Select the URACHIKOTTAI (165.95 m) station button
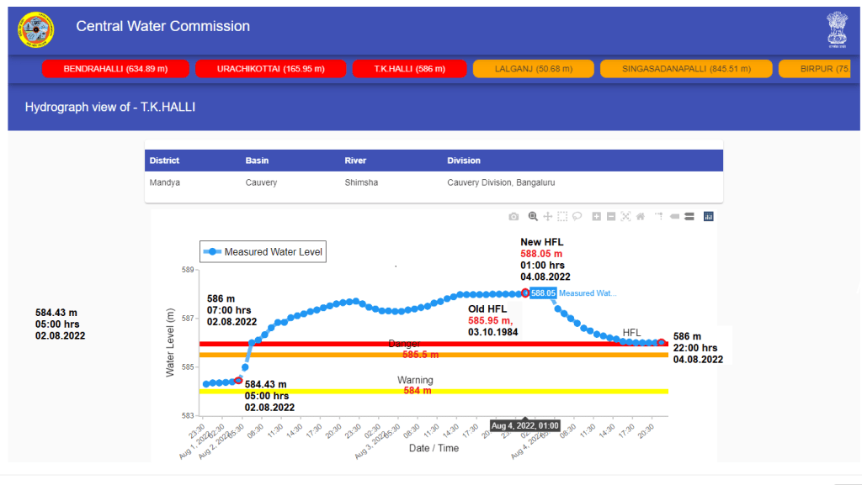tap(270, 69)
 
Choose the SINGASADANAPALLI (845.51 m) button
tap(686, 69)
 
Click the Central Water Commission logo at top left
tap(36, 30)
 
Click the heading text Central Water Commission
tap(162, 26)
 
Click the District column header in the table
tap(165, 161)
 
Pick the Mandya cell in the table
tap(164, 182)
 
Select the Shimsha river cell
tap(361, 182)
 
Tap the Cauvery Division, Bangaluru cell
tap(501, 182)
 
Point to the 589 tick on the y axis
tap(188, 270)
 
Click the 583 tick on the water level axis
tap(188, 416)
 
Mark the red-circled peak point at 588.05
tap(526, 293)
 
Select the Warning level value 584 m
tap(417, 391)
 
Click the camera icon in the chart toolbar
tap(513, 217)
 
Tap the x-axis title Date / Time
tap(434, 448)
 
